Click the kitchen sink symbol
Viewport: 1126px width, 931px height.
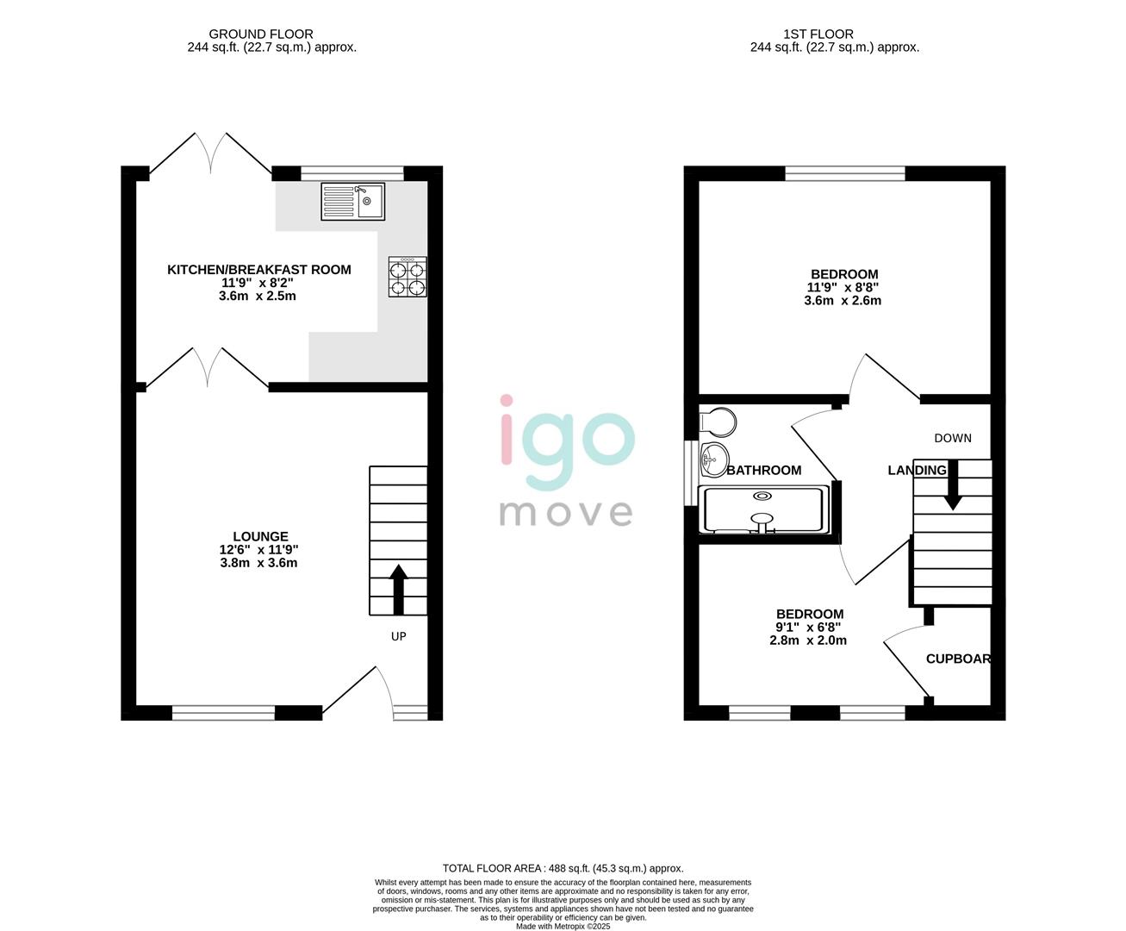(352, 202)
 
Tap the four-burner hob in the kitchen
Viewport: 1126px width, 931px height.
(407, 278)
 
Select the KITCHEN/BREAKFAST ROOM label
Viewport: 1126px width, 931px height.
(258, 270)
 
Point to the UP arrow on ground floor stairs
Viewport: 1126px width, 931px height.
(398, 590)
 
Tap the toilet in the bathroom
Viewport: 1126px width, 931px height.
(719, 422)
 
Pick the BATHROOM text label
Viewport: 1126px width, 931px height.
(764, 471)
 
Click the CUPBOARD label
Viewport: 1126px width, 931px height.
(958, 659)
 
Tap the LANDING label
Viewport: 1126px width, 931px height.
(917, 470)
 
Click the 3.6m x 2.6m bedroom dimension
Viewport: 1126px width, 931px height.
(843, 301)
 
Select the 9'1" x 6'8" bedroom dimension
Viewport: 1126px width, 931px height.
(808, 628)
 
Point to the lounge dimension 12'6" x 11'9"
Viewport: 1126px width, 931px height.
(258, 550)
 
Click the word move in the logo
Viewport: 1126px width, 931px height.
(566, 512)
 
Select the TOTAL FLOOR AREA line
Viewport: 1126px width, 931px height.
(563, 868)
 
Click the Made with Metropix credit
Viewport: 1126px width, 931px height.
(563, 927)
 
